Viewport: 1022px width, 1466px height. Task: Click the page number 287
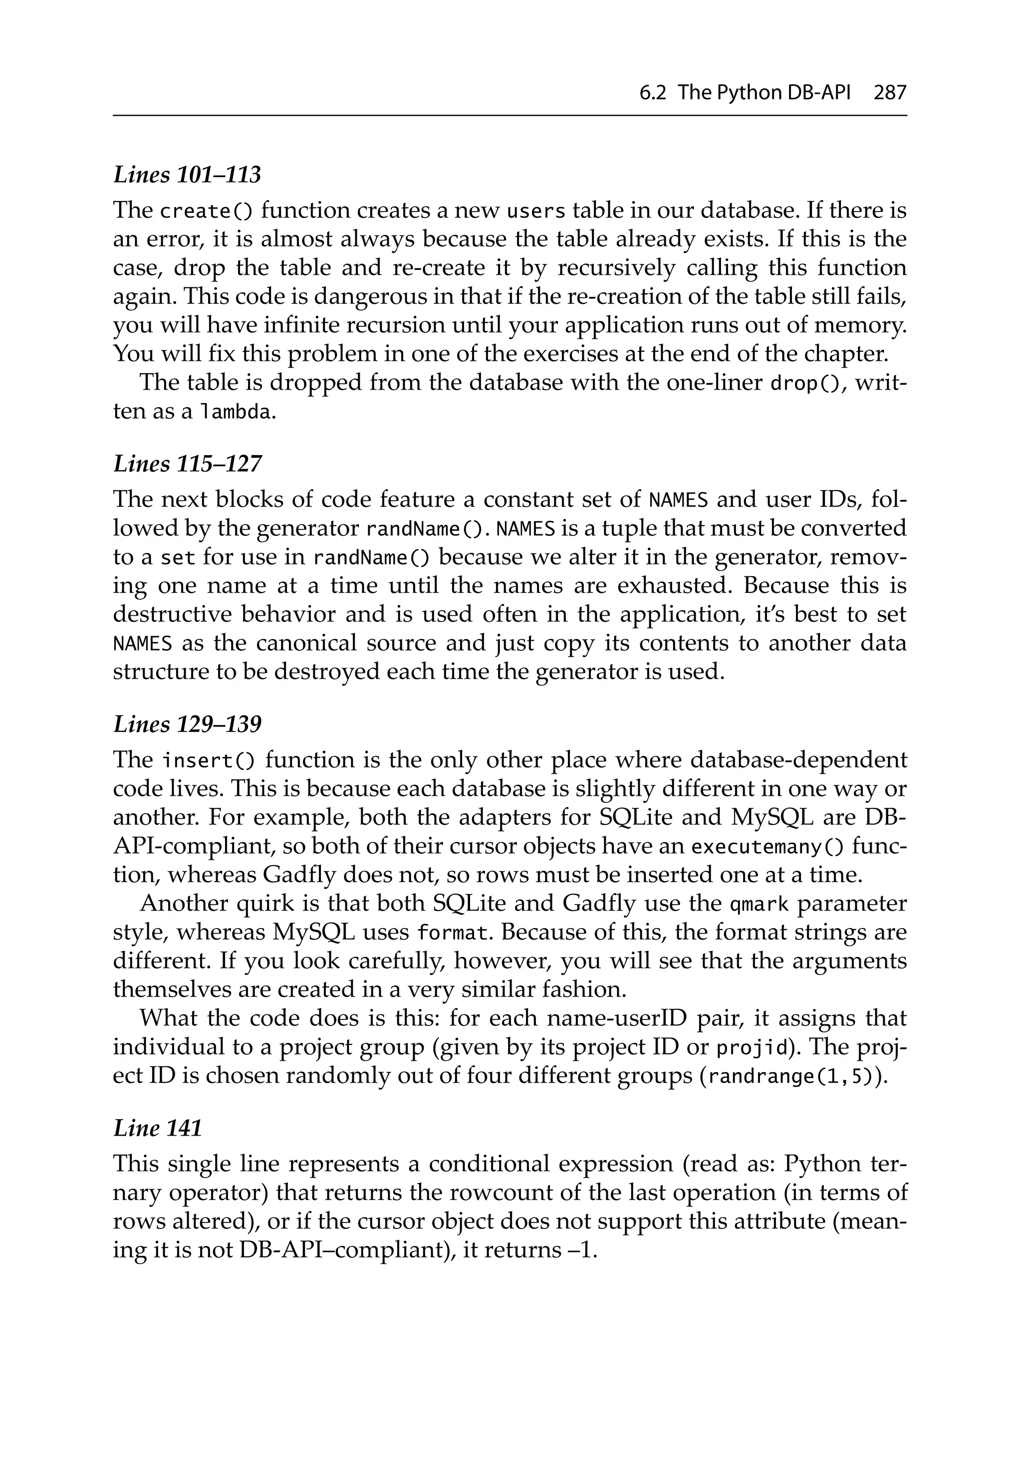[x=890, y=93]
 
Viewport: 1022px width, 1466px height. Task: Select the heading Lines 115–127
[x=187, y=464]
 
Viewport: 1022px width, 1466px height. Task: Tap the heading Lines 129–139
[x=187, y=724]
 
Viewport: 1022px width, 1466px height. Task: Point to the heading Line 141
[x=157, y=1128]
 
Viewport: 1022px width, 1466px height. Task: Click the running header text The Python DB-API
[x=764, y=93]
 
